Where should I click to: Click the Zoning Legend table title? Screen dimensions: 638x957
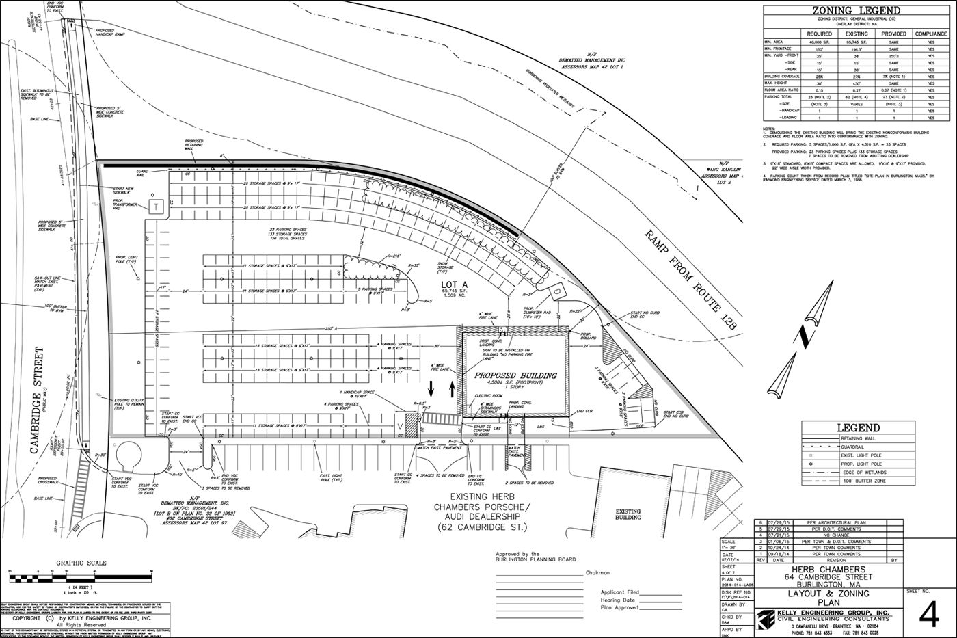click(856, 10)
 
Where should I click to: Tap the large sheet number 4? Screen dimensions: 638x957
click(929, 615)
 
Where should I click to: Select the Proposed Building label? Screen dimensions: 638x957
click(516, 375)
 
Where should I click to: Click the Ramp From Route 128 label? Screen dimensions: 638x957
click(690, 280)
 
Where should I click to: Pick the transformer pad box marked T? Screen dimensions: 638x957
click(156, 207)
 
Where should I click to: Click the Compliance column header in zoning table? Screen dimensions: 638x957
click(931, 34)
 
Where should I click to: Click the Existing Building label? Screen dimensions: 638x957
click(628, 514)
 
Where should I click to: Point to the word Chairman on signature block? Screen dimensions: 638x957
click(597, 573)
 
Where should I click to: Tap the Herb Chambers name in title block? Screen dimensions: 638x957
click(828, 570)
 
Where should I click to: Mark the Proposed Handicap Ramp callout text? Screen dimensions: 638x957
click(110, 32)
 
